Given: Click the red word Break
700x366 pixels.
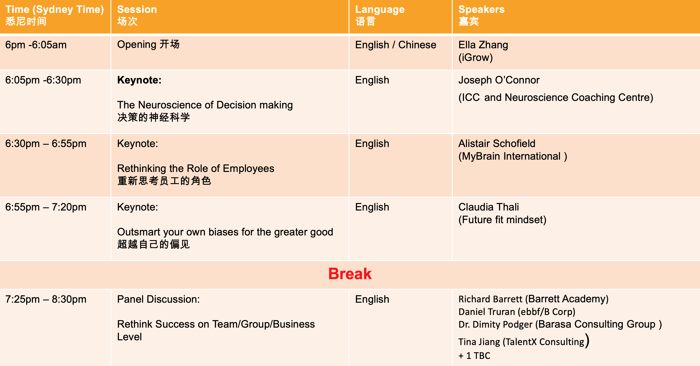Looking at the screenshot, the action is [x=350, y=274].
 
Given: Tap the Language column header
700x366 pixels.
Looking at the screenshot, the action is [x=380, y=15].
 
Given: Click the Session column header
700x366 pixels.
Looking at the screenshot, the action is [x=137, y=15].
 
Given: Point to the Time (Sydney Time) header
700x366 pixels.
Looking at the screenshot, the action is [x=55, y=15].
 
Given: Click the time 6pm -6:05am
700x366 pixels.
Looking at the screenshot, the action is [x=36, y=45].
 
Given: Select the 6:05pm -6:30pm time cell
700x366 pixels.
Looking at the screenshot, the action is [x=43, y=80].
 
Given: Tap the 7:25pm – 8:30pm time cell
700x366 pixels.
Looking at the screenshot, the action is [x=46, y=299].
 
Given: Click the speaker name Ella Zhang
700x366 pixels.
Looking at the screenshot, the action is [x=483, y=45].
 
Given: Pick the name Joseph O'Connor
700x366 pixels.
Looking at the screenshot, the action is [x=499, y=80].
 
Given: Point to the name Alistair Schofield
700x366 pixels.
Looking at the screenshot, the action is [x=497, y=143].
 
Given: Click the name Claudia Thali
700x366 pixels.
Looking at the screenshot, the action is [x=488, y=207].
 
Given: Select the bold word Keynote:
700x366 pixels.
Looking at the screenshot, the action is [x=139, y=80].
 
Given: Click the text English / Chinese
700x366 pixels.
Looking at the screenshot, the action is [x=396, y=45].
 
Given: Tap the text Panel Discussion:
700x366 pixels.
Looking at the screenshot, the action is [x=158, y=299].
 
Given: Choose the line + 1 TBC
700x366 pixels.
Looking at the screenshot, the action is [x=474, y=356].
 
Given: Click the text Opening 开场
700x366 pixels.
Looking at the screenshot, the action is [x=148, y=45].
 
